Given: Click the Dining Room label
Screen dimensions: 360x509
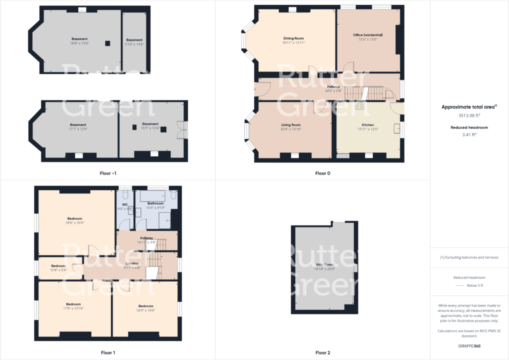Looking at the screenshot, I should (x=293, y=38).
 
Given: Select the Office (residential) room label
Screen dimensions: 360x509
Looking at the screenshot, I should (x=367, y=35).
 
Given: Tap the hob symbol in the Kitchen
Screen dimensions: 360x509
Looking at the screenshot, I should (x=359, y=106).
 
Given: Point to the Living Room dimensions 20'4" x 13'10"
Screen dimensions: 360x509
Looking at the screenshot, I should (x=290, y=129).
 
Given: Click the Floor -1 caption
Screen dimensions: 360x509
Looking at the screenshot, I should (x=107, y=173).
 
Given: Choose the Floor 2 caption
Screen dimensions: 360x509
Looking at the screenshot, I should (x=322, y=352).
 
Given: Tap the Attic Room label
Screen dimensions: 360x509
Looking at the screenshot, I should (x=324, y=264).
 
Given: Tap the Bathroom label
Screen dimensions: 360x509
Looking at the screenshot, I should (x=155, y=203).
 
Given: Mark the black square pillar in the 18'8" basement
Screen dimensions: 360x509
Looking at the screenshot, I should (x=107, y=43).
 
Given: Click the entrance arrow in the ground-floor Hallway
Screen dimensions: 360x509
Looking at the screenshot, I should (x=255, y=90).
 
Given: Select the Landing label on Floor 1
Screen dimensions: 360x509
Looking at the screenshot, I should (x=132, y=263).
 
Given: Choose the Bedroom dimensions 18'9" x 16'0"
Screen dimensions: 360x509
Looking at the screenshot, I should (x=74, y=223).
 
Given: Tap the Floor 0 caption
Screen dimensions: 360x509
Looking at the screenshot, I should (x=322, y=173).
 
